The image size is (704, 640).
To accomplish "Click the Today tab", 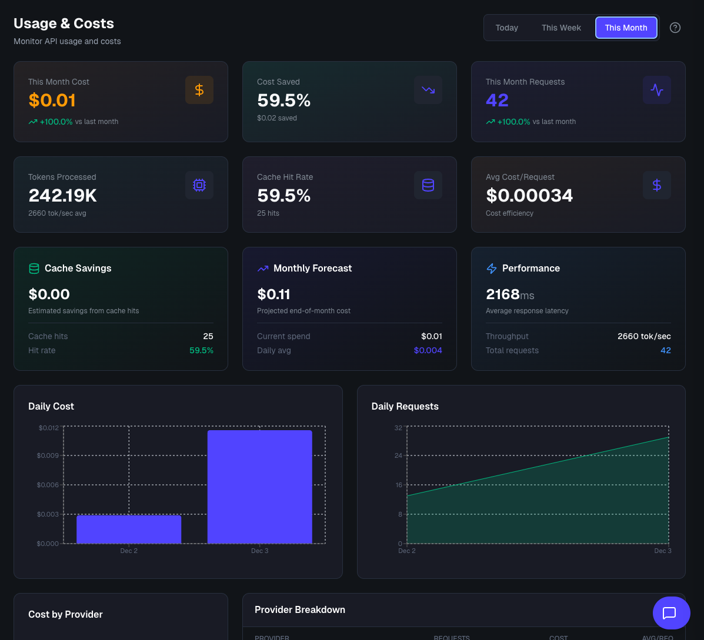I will [x=506, y=28].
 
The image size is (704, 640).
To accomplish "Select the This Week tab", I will [x=561, y=28].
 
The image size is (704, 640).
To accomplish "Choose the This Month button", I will [x=626, y=28].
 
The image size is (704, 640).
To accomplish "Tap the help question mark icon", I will [x=675, y=28].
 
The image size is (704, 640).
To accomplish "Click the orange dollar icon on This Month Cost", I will [x=199, y=90].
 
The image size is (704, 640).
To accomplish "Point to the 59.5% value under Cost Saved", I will [x=283, y=100].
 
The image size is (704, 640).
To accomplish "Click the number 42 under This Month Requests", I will [x=497, y=100].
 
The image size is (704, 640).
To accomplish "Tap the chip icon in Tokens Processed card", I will [x=199, y=185].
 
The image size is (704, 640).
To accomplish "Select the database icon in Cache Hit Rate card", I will [x=428, y=185].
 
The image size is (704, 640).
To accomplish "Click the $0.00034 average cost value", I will [x=529, y=195].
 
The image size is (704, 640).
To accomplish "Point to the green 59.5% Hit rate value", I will [x=201, y=350].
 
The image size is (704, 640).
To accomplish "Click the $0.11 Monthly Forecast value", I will [x=273, y=294].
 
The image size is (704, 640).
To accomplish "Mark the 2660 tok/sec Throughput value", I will [x=644, y=336].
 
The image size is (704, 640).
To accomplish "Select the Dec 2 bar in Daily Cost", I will [x=129, y=529].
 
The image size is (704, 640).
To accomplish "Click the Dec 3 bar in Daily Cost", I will [x=260, y=487].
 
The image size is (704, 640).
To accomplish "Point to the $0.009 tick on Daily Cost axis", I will [x=48, y=455].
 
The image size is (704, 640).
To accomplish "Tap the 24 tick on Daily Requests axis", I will [x=398, y=455].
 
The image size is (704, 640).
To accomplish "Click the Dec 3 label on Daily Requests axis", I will [x=662, y=551].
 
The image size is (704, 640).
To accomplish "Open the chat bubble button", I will [x=671, y=613].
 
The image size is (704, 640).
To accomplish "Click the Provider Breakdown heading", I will [x=300, y=609].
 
